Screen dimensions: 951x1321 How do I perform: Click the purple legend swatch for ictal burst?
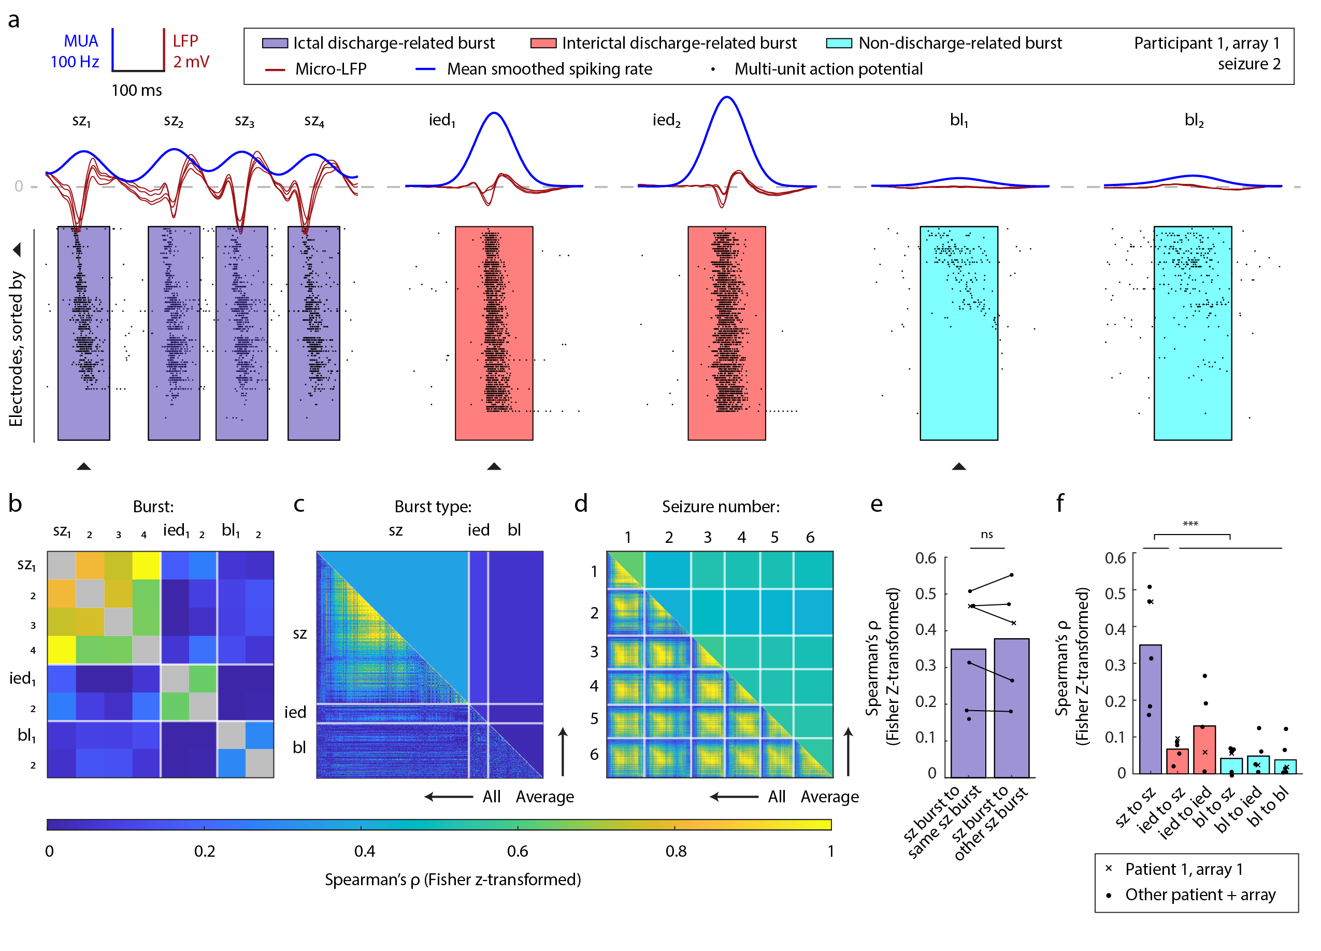point(275,43)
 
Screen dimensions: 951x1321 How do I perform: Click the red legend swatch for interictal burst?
point(543,43)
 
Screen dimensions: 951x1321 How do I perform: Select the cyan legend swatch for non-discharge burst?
point(839,43)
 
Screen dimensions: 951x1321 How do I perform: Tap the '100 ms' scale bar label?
point(136,90)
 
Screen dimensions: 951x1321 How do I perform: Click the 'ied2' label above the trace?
point(666,120)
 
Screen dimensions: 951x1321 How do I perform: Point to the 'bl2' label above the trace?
point(1194,120)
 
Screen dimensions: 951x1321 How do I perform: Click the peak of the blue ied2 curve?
point(726,97)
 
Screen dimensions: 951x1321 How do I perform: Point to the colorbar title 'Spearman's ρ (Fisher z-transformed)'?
point(453,880)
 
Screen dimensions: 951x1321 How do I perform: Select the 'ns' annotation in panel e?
point(986,534)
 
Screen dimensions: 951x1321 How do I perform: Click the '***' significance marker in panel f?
point(1190,524)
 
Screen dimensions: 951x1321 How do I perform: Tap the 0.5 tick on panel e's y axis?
point(926,594)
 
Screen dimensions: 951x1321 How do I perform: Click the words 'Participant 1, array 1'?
point(1207,43)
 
